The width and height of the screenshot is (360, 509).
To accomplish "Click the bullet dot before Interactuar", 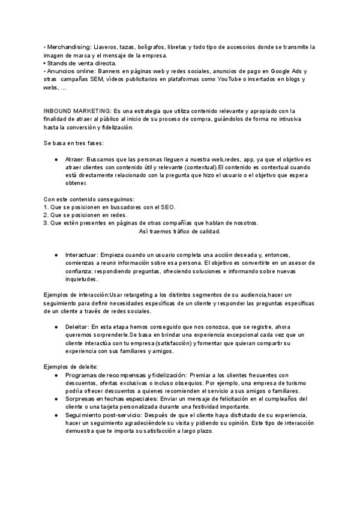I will point(56,255).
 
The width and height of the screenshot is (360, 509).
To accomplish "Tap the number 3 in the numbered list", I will point(45,223).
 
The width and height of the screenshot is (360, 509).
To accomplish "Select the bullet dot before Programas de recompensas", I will point(56,375).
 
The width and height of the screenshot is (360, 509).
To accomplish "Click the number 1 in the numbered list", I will point(45,207).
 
